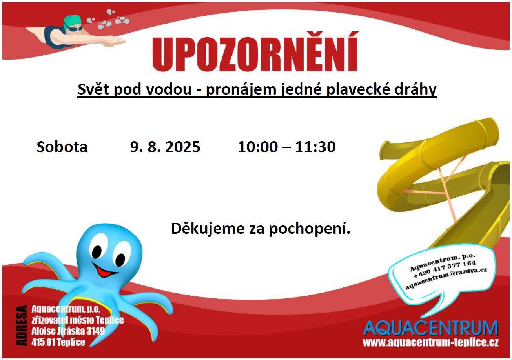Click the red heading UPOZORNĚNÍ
[x=255, y=52]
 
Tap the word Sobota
[x=62, y=147]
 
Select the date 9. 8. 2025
[x=165, y=147]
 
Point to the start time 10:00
[x=258, y=147]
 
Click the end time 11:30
[x=315, y=147]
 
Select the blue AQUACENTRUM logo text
[x=431, y=328]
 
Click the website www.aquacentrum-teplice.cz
[x=431, y=342]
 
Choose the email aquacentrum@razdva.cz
[x=446, y=278]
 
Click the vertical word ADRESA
[x=21, y=326]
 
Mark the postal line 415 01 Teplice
[x=58, y=342]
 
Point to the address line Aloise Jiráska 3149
[x=68, y=331]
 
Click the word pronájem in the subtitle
[x=241, y=89]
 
